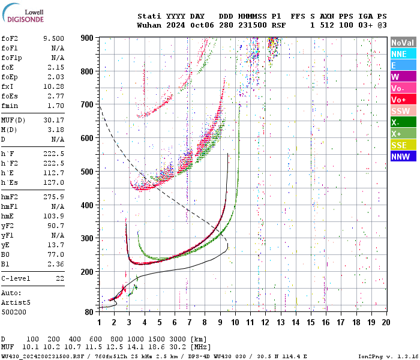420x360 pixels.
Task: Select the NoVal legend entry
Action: (x=402, y=43)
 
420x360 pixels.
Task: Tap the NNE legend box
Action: (x=402, y=54)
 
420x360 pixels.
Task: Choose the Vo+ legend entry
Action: (x=402, y=100)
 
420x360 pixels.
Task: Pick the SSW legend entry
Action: (x=402, y=111)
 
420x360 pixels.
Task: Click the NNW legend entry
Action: (x=402, y=157)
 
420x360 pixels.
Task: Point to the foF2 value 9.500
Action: (x=53, y=38)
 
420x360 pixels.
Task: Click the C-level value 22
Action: (x=60, y=278)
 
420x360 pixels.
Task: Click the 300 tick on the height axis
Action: (x=88, y=239)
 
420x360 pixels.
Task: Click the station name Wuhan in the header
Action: (x=149, y=25)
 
